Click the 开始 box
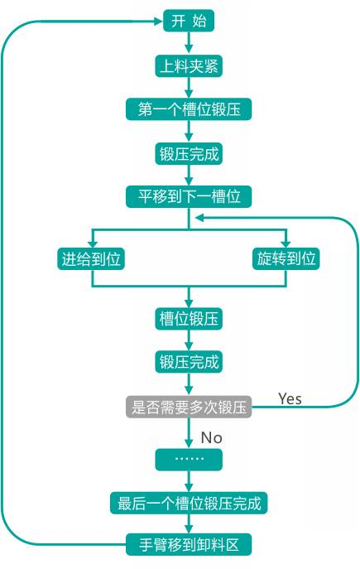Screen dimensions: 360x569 click(189, 21)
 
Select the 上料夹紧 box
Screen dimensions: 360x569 click(189, 65)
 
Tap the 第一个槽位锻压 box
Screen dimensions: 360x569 click(189, 108)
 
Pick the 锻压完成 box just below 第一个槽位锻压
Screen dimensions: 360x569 click(189, 153)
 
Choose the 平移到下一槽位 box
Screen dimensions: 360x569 click(189, 196)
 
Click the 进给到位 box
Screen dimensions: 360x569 click(91, 258)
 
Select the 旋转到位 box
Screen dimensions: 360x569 click(286, 258)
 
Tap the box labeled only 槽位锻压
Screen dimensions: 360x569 click(189, 319)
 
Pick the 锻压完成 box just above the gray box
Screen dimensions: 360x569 click(189, 362)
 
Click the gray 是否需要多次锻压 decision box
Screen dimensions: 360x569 click(189, 407)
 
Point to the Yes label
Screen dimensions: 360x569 click(290, 399)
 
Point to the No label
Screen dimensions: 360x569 click(211, 437)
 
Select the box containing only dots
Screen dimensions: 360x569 click(189, 460)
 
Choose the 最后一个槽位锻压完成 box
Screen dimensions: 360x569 click(189, 503)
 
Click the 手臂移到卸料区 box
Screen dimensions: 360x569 click(189, 544)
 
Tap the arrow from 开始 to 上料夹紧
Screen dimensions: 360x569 click(189, 43)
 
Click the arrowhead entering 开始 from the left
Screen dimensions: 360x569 click(159, 21)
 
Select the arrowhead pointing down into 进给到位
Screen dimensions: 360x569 click(91, 244)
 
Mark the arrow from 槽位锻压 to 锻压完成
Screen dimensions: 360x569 click(189, 340)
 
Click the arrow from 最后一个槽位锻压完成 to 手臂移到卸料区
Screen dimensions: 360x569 click(189, 523)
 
